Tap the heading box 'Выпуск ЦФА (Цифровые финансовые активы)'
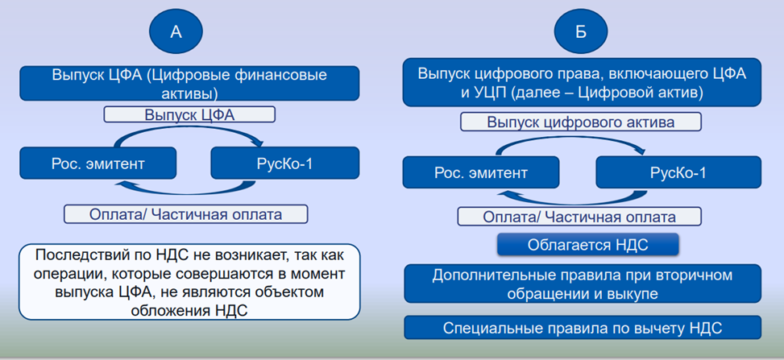[x=189, y=84]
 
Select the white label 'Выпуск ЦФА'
[x=189, y=114]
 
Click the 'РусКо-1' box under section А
[x=284, y=163]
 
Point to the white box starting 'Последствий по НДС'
[x=189, y=283]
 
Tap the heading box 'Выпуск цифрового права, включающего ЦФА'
[x=582, y=83]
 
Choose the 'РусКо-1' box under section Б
[x=678, y=173]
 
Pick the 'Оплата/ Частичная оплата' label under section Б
[x=579, y=217]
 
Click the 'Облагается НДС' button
[x=587, y=244]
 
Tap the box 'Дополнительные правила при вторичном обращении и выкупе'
[x=582, y=284]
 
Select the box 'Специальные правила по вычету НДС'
[x=582, y=328]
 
